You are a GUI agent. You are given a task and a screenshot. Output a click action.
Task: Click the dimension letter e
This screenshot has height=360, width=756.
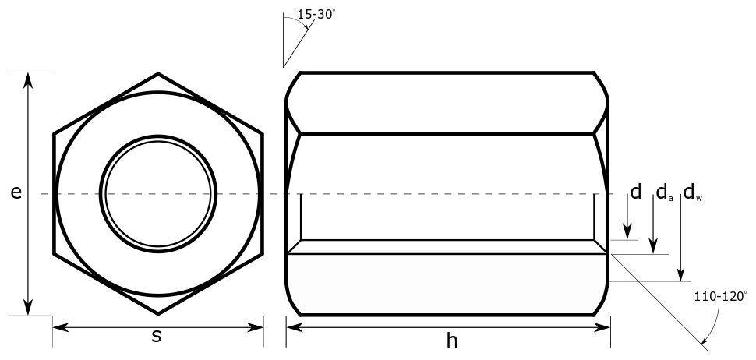tap(16, 193)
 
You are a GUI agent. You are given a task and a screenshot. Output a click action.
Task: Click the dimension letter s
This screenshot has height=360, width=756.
tap(157, 337)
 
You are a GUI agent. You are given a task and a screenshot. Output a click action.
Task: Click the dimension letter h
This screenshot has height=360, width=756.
tap(451, 340)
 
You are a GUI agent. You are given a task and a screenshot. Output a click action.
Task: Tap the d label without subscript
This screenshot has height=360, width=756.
tap(635, 192)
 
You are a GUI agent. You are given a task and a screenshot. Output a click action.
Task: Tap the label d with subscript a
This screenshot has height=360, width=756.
tap(662, 192)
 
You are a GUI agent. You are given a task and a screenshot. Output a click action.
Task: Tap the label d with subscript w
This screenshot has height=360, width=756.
tap(692, 192)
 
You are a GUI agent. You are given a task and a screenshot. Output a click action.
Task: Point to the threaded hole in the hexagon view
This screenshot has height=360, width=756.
tap(158, 194)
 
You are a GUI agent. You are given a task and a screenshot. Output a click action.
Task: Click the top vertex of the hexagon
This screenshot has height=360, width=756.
tap(158, 74)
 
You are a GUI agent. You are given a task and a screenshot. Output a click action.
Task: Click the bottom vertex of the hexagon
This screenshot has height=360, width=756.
tap(158, 313)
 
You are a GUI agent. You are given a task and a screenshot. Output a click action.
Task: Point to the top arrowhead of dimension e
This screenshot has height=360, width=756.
tap(29, 79)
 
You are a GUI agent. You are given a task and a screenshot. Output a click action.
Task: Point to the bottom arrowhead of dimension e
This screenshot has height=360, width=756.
tap(29, 309)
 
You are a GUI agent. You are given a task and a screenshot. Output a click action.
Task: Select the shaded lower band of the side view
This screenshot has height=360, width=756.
tap(447, 284)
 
